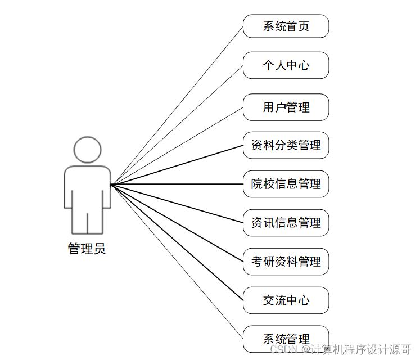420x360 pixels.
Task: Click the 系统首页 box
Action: coord(286,26)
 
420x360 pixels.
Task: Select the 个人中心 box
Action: coord(286,65)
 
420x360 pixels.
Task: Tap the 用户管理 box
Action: coord(286,107)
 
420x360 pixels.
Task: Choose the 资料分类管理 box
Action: coord(286,145)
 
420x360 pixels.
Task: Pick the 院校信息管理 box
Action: coord(286,184)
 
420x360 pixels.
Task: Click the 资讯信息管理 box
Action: coord(286,223)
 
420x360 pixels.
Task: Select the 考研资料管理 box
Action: coord(286,262)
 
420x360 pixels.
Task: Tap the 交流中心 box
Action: coord(286,300)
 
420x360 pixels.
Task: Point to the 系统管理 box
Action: coord(286,339)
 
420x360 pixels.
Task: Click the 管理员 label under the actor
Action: coord(87,249)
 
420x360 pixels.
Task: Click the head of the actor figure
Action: coord(87,149)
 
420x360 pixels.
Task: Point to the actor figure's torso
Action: coord(87,188)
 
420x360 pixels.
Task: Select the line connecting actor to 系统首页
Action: coord(177,106)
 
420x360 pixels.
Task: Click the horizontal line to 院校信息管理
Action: coord(177,184)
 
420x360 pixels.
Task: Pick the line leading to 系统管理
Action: coord(177,262)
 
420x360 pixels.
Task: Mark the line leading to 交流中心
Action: coord(177,242)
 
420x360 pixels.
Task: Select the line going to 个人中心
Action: coord(177,125)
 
